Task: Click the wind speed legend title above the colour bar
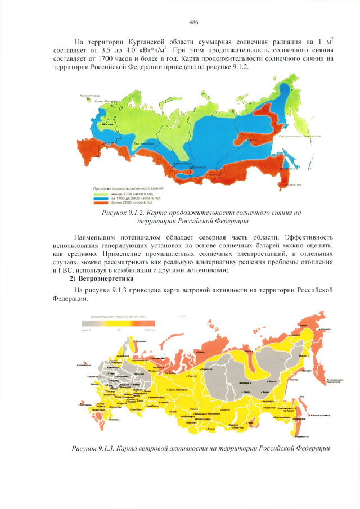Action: [119, 318]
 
